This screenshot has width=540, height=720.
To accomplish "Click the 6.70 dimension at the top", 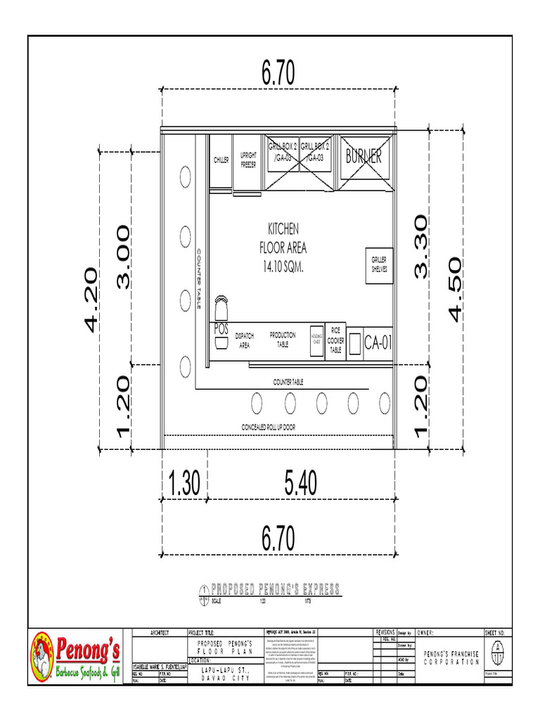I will (x=278, y=73).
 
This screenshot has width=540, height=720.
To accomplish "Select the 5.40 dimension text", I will (x=300, y=483).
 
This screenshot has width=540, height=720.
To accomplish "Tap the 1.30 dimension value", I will (x=185, y=483).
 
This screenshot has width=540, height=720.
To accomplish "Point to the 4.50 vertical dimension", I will (x=454, y=289).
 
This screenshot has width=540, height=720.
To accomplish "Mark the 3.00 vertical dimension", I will (x=124, y=257).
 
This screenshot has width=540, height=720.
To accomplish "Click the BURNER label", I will (x=364, y=157).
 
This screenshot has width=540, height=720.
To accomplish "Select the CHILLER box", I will (x=221, y=160).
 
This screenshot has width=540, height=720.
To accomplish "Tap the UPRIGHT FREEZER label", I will (x=248, y=160).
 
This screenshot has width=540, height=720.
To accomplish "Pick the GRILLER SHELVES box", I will (x=379, y=264).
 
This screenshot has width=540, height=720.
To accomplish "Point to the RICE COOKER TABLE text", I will (x=335, y=340).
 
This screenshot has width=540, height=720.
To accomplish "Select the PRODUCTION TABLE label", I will (x=283, y=340).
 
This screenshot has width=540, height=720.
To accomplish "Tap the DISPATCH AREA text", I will (x=244, y=340).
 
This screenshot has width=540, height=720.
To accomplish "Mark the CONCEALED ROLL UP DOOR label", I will (x=269, y=427).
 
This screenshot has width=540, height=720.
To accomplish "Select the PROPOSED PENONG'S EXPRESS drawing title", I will (x=276, y=589).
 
